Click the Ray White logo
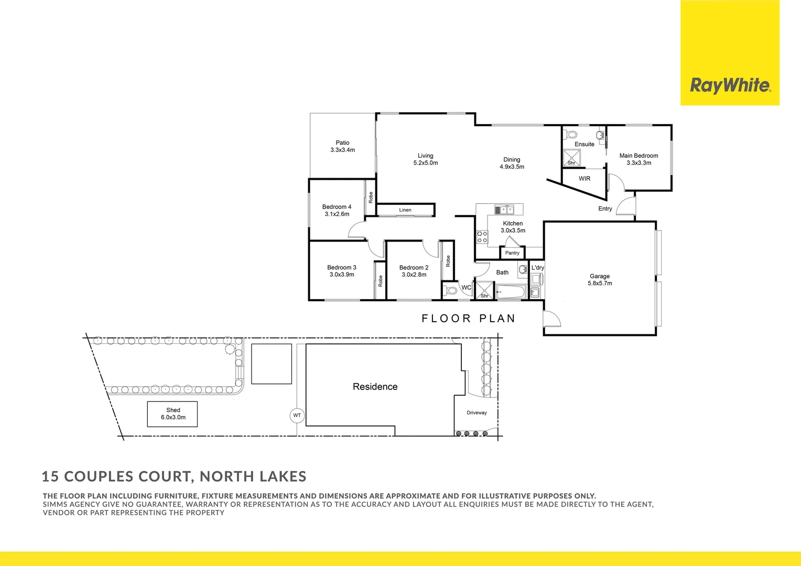pos(730,85)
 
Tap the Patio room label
pos(342,146)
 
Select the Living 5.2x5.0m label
pos(425,159)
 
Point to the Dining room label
pos(512,163)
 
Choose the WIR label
pos(584,179)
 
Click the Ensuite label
pos(584,144)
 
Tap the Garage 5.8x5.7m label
pos(600,280)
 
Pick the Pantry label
pos(512,253)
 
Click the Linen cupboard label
pos(405,210)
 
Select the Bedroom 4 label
pos(337,210)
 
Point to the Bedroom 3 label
pos(341,271)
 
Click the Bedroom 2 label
pos(414,271)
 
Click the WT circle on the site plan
pos(297,416)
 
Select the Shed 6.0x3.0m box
pos(172,414)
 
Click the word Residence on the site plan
pos(375,387)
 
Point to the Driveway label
pos(477,413)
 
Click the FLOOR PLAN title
pos(468,319)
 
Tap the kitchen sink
pos(504,210)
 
